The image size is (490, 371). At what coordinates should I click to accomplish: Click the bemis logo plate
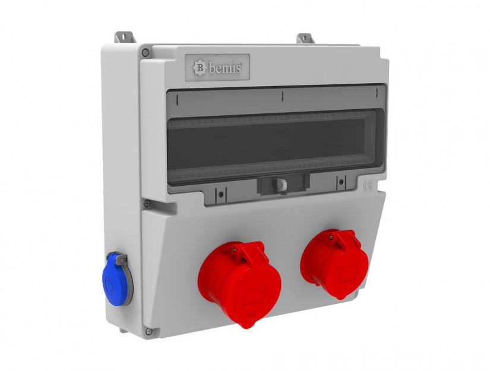click(x=217, y=68)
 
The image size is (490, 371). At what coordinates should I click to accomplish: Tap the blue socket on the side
click(x=118, y=278)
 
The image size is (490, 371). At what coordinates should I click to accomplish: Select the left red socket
click(x=240, y=282)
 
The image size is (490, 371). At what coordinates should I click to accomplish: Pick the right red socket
click(x=334, y=263)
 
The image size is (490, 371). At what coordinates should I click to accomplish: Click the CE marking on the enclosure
click(x=368, y=185)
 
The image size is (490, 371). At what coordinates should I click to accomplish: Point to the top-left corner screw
click(x=146, y=52)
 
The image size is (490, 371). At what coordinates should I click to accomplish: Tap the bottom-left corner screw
click(x=148, y=331)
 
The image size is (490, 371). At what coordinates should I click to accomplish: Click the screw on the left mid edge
click(x=147, y=204)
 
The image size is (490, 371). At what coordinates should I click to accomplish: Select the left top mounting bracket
click(x=125, y=37)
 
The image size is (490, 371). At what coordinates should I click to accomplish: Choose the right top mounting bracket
click(x=306, y=39)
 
